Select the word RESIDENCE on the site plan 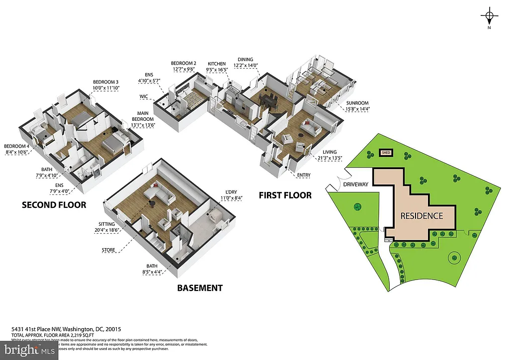coord(422,216)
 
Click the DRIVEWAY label coord(356,184)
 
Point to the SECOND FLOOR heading coord(54,205)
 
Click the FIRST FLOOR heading coord(285,195)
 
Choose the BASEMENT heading coord(199,288)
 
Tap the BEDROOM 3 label coord(106,82)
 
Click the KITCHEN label coord(217,64)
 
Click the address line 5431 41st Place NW coord(66,329)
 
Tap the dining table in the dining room coord(268,100)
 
